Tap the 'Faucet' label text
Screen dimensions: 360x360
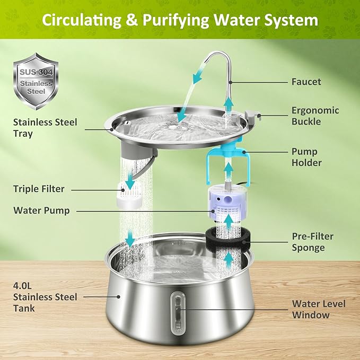pyautogui.click(x=306, y=82)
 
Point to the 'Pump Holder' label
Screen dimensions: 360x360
pyautogui.click(x=306, y=157)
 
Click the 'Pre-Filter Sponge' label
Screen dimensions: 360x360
pyautogui.click(x=312, y=242)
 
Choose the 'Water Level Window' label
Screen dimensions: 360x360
pyautogui.click(x=318, y=309)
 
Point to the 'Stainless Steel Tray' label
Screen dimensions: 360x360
pyautogui.click(x=45, y=128)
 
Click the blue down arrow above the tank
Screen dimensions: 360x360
pyautogui.click(x=129, y=240)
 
